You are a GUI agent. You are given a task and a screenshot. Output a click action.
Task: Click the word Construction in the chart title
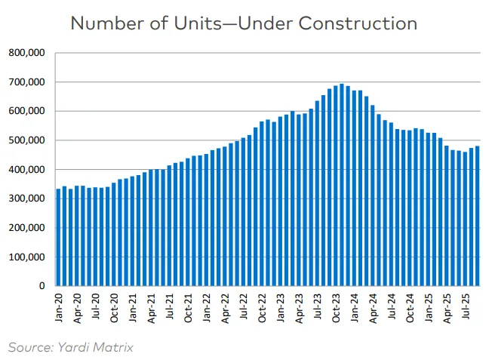[x=358, y=23]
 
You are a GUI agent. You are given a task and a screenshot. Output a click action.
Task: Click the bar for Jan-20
[x=59, y=237]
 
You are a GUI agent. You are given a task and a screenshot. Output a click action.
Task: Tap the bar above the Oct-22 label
[x=262, y=204]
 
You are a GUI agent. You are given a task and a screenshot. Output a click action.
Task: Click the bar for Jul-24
[x=391, y=204]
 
